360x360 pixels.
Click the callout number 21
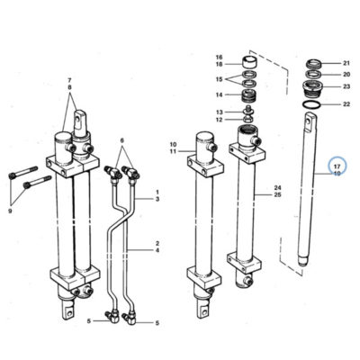click(346, 63)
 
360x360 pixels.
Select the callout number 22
click(346, 104)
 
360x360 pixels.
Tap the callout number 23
click(346, 86)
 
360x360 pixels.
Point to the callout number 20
click(346, 75)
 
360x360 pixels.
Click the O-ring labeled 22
click(311, 104)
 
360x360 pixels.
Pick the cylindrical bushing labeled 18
click(250, 64)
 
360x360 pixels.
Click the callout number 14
click(220, 95)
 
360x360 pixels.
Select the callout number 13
click(220, 112)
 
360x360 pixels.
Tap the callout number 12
click(220, 120)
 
